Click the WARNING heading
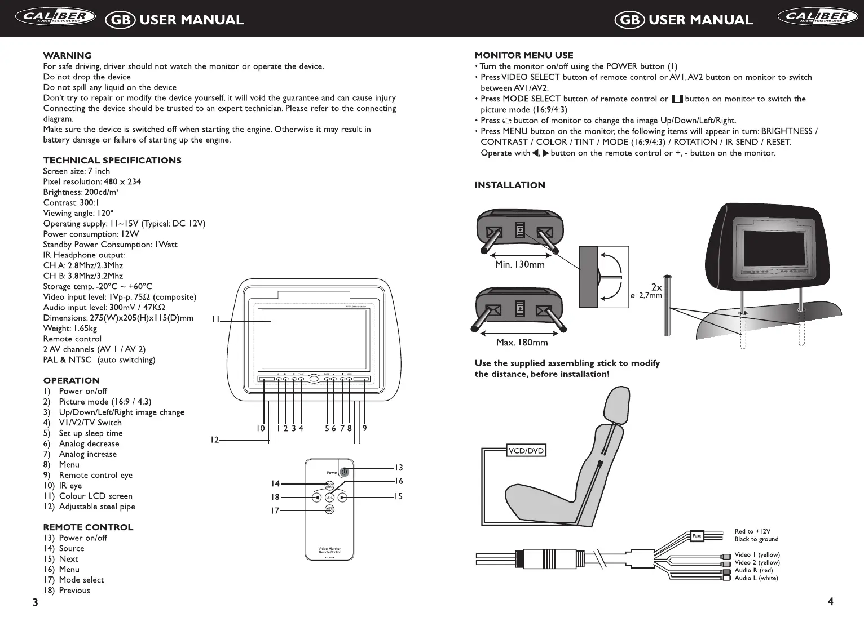(x=67, y=55)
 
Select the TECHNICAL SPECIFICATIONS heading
(x=112, y=161)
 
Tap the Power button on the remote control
(x=345, y=472)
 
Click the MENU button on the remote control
(x=330, y=498)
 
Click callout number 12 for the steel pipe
(x=215, y=440)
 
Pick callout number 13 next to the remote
(x=398, y=468)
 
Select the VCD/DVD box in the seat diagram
(x=526, y=450)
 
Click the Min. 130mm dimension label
(x=519, y=264)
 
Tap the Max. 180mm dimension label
(x=522, y=342)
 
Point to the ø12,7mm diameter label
(x=646, y=296)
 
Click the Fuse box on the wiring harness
(x=697, y=536)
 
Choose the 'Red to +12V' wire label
(x=752, y=531)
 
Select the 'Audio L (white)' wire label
(x=756, y=578)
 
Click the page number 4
(x=830, y=601)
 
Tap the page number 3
(x=35, y=602)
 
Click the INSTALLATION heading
(x=510, y=185)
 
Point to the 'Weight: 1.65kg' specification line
(x=70, y=328)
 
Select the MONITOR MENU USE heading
(x=524, y=55)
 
